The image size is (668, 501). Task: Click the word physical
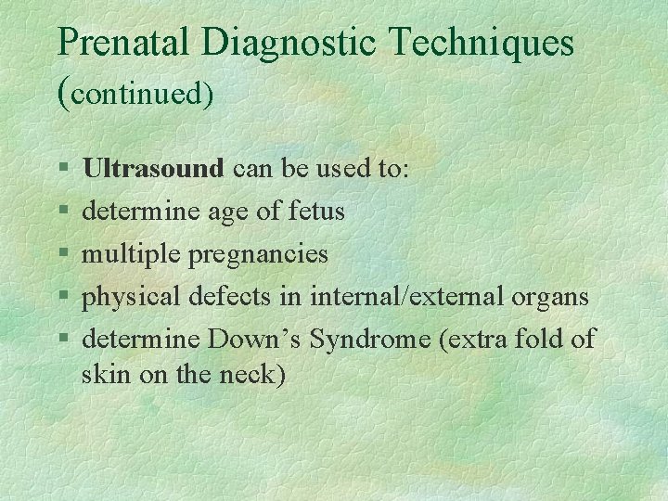132,297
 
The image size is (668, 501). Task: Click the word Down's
254,340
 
